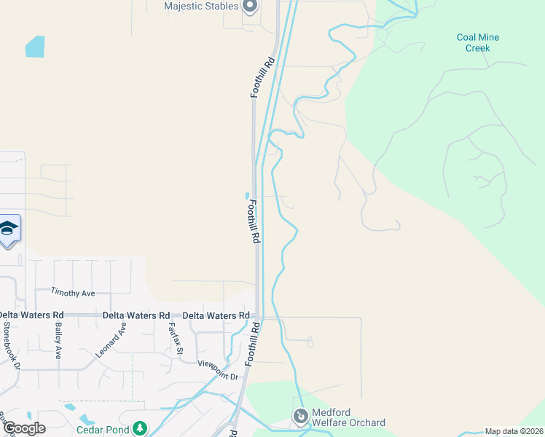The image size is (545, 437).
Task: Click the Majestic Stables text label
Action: (202, 7)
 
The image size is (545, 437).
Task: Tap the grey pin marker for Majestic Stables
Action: (250, 7)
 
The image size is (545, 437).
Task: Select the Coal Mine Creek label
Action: (478, 43)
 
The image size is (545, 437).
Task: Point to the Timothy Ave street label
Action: (73, 293)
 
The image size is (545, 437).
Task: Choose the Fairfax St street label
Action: (174, 339)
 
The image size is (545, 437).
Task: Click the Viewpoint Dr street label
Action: (219, 371)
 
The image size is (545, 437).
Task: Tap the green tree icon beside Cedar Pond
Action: (141, 428)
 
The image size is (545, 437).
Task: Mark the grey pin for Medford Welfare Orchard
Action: (300, 417)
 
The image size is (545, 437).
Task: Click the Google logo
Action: (24, 428)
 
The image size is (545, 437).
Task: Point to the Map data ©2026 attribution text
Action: (514, 431)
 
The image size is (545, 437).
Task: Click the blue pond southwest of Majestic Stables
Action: (35, 47)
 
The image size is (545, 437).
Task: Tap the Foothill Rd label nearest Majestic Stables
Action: (264, 77)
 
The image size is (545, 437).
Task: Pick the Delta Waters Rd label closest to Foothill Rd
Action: (216, 315)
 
